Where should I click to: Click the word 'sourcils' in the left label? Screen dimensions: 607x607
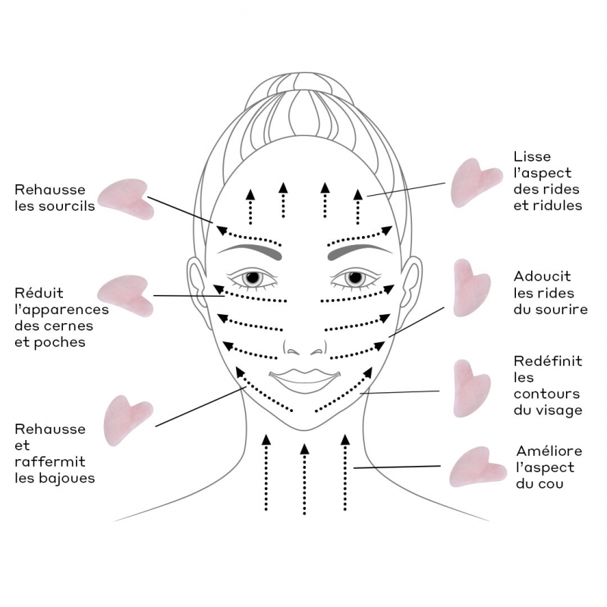(x=69, y=206)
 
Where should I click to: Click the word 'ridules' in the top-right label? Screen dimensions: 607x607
(x=558, y=205)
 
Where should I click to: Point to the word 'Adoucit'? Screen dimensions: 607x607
(x=542, y=276)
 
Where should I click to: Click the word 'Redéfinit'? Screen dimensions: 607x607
(x=547, y=361)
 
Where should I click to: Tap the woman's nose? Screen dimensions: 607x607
(x=303, y=345)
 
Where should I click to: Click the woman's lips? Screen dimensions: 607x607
(x=303, y=377)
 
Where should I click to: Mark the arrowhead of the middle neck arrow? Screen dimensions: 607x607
(x=304, y=448)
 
